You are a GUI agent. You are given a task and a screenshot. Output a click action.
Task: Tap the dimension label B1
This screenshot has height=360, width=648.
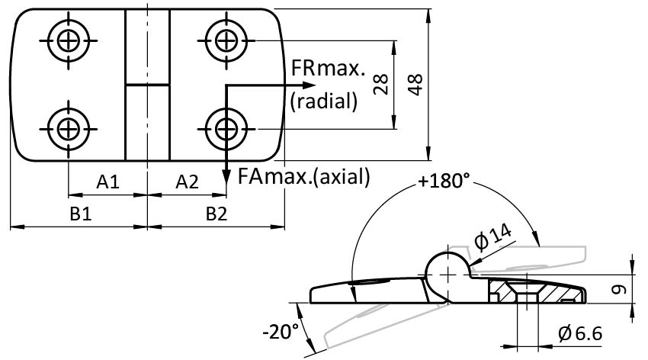coord(81,214)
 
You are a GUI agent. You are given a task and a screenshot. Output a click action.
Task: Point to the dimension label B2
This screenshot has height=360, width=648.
coord(217,214)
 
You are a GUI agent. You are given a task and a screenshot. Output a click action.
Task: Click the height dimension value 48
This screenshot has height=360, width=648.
coord(415,84)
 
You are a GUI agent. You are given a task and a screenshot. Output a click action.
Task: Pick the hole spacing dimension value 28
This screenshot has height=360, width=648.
coord(382,84)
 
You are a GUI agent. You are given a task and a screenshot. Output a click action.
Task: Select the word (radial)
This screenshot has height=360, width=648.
coord(323,101)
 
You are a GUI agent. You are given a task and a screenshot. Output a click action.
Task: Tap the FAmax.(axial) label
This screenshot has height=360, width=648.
coord(303,176)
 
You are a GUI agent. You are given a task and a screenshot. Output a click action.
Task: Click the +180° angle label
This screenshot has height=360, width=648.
coord(444,182)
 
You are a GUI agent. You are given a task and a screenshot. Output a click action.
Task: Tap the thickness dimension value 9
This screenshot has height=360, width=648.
coord(620,288)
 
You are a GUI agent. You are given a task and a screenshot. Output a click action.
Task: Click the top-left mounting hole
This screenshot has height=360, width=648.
coord(69,40)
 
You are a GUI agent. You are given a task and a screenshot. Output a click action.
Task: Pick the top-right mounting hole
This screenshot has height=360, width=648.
coord(225,40)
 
